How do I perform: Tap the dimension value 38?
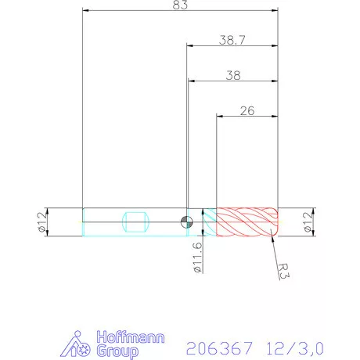tap(232, 76)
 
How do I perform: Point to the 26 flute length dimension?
tap(247, 110)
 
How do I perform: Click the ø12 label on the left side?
tap(41, 221)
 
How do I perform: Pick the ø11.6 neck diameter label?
tap(197, 257)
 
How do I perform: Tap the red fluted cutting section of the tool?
tap(247, 221)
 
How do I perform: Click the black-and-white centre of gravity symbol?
tap(185, 221)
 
